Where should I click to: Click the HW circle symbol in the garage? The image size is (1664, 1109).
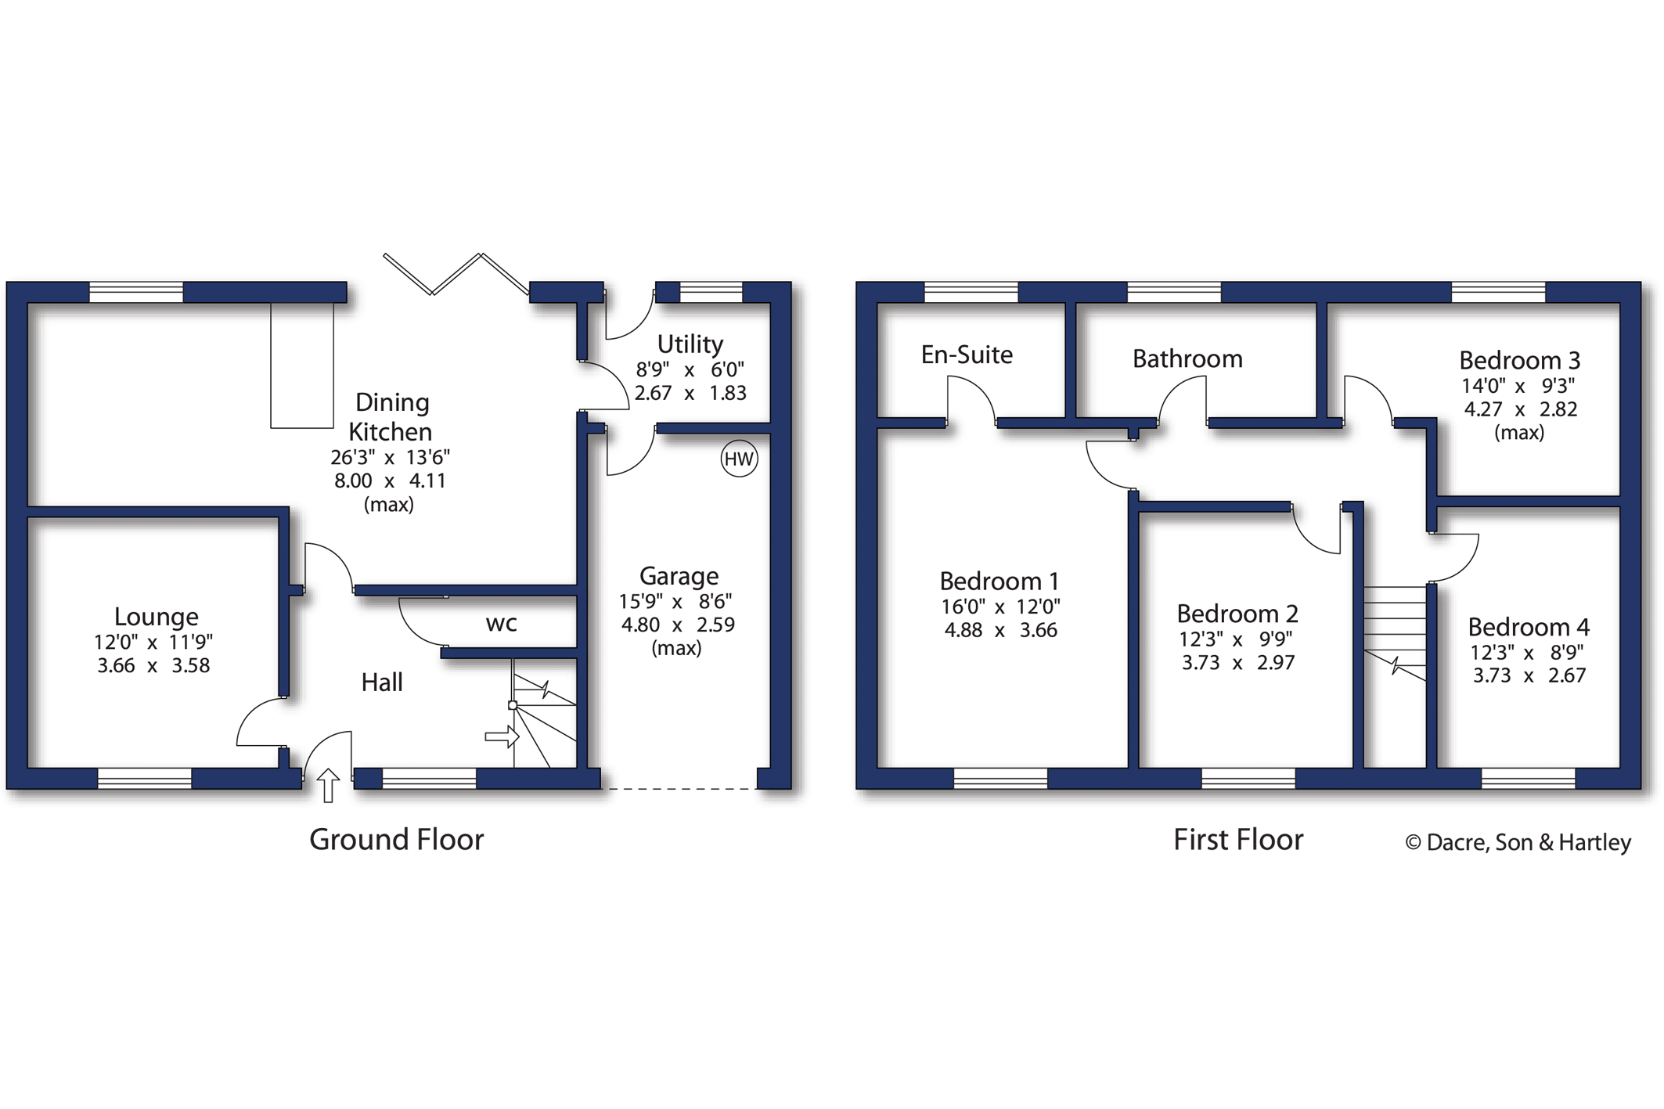[738, 459]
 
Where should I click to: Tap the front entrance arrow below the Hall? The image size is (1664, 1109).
[328, 785]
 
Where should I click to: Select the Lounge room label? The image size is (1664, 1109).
[156, 617]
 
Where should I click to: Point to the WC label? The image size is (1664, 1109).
[501, 624]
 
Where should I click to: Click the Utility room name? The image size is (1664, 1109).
[690, 344]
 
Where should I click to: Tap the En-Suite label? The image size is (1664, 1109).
[967, 355]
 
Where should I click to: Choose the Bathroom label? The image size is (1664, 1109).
[1187, 359]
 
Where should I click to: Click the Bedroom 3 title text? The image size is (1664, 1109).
[1518, 361]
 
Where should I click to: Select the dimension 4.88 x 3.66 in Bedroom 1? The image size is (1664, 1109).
[1000, 630]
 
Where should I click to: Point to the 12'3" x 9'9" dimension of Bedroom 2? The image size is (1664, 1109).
[1236, 639]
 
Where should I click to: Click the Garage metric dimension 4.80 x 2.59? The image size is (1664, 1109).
[678, 625]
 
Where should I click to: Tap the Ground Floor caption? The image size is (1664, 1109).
[396, 840]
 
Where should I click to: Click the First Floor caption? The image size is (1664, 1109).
[1237, 840]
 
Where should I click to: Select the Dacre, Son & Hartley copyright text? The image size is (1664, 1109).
[1518, 843]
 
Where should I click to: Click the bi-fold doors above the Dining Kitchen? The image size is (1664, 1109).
[456, 274]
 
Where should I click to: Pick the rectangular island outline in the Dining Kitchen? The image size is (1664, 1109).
[302, 365]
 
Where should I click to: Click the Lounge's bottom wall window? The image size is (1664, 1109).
[144, 778]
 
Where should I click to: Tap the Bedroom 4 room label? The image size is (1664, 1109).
[1528, 628]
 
